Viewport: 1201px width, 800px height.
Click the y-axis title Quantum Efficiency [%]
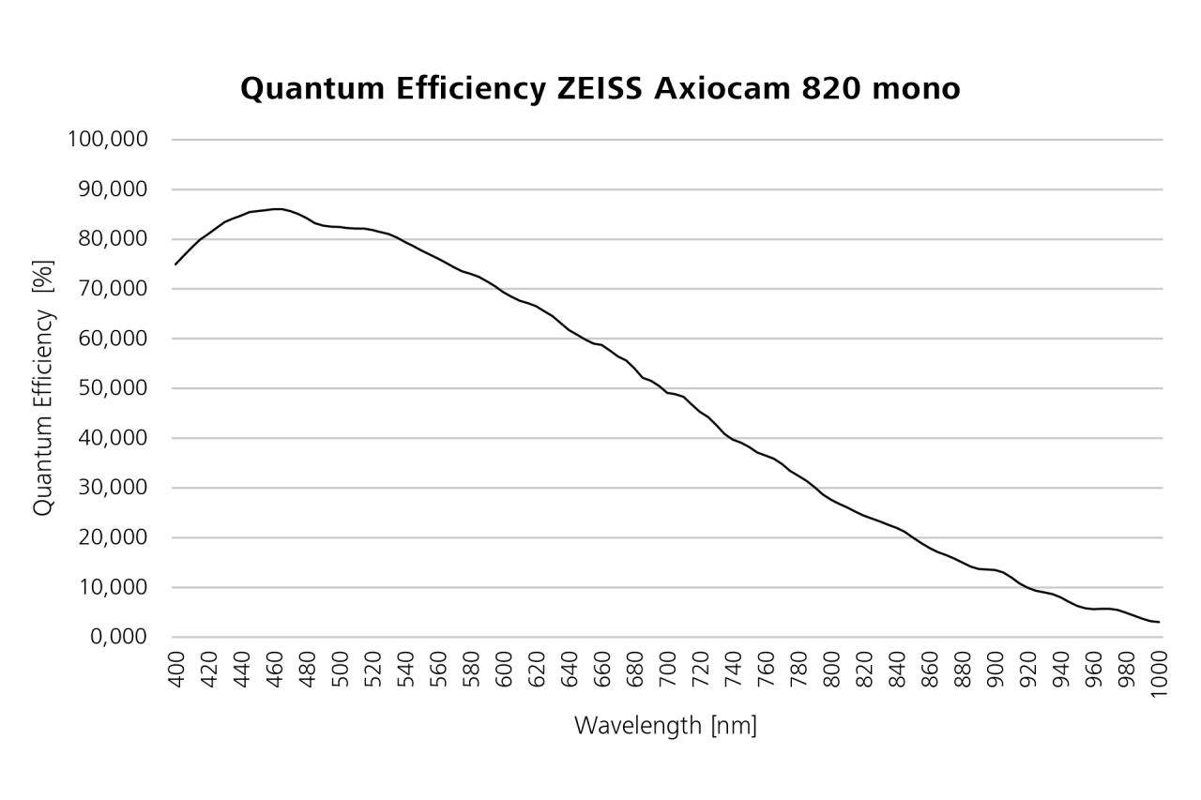[43, 386]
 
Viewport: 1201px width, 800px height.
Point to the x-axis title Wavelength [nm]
[665, 725]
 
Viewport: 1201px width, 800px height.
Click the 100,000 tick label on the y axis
[108, 140]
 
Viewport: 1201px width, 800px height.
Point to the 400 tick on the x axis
[176, 671]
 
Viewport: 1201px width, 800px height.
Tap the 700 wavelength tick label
[669, 671]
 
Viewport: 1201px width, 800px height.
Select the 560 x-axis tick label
[439, 671]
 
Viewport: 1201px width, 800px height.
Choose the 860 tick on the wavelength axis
[932, 671]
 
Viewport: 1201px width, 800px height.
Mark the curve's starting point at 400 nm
[175, 264]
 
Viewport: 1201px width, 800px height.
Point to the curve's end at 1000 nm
[1161, 622]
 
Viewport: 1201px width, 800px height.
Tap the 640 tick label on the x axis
[570, 671]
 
